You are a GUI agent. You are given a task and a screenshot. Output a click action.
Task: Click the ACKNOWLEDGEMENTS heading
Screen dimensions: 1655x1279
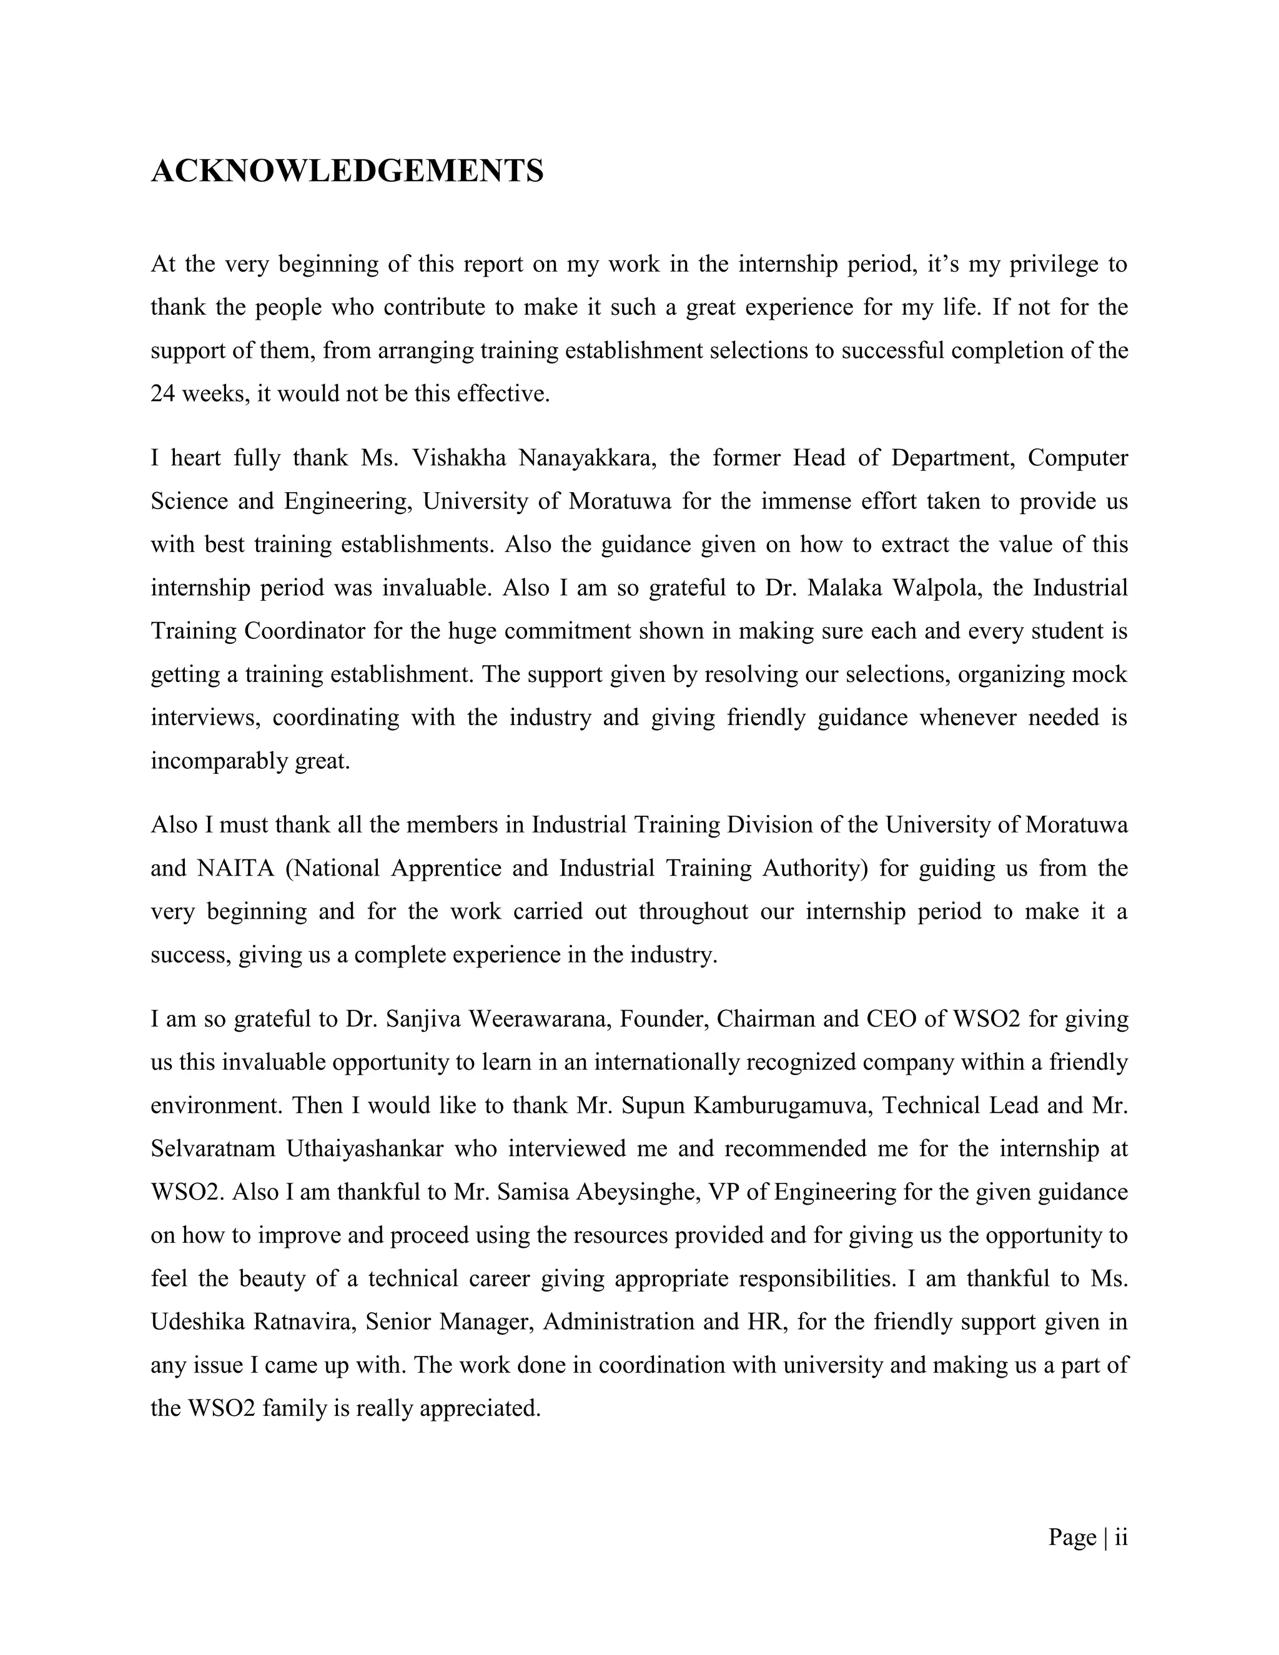click(x=347, y=171)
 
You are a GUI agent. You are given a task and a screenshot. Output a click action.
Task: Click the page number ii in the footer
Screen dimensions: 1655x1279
click(x=1120, y=1537)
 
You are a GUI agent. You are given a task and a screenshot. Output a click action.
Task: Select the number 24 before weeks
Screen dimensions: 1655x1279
click(x=163, y=394)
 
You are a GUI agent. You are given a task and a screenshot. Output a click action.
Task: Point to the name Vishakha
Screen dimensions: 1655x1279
click(x=459, y=458)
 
